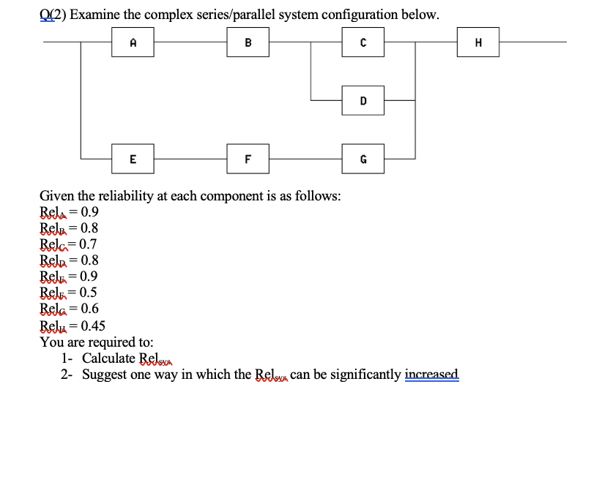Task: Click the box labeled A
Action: click(x=133, y=42)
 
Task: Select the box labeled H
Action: click(x=478, y=42)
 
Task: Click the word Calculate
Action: click(x=108, y=358)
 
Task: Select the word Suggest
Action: click(x=105, y=375)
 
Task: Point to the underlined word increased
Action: click(x=431, y=375)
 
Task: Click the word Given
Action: click(x=57, y=196)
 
